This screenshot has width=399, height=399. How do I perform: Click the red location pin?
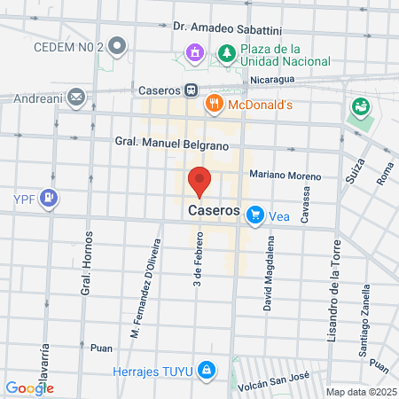[x=199, y=181]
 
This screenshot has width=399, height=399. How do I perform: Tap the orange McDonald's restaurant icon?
[x=213, y=105]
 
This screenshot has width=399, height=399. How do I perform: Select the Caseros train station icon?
[x=191, y=90]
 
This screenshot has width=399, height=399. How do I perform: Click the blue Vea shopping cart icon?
[x=255, y=214]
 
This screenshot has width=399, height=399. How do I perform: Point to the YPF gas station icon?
[x=51, y=197]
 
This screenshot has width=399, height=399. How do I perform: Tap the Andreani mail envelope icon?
[x=76, y=96]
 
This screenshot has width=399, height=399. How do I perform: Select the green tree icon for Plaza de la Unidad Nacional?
[x=227, y=53]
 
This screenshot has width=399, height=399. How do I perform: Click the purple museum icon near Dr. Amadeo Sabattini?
[x=194, y=53]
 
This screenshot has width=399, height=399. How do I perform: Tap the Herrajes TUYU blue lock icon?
[x=206, y=368]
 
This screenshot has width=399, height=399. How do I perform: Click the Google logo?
[x=29, y=387]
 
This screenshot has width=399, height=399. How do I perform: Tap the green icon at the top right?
[x=360, y=106]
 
